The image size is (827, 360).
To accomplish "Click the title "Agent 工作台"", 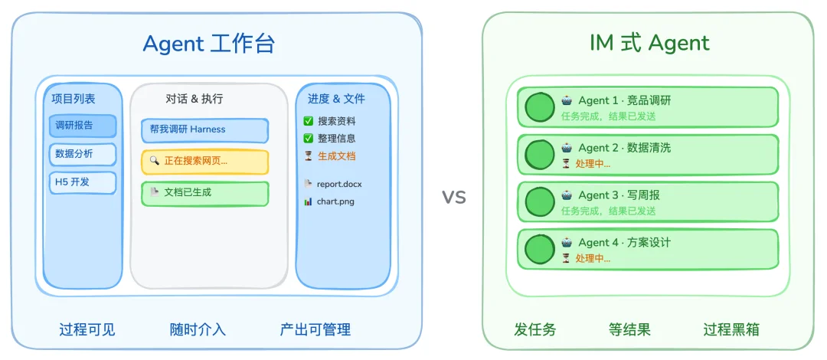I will [208, 44].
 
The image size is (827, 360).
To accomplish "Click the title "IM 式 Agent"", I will [650, 43].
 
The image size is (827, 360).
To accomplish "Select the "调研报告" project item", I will [83, 126].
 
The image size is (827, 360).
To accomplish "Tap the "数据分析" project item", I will [83, 154].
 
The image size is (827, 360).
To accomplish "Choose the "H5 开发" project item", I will [83, 182].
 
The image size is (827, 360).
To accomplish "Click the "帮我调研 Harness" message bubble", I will [204, 130].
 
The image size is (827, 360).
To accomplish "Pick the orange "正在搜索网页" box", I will [204, 162].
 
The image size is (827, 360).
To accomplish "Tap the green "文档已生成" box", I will [204, 193].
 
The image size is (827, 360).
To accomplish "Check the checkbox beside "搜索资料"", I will [309, 121].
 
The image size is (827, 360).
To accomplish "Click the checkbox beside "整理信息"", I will [309, 139].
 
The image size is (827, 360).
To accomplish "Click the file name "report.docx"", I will [339, 184].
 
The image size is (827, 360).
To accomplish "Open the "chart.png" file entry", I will [336, 201].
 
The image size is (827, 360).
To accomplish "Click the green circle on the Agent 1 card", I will [540, 108].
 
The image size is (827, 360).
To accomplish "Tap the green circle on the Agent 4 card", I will [540, 250].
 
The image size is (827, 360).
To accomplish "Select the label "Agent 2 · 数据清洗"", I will [624, 148].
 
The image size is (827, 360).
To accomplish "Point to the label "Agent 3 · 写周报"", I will [619, 195].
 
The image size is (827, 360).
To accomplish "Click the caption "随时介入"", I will [198, 330].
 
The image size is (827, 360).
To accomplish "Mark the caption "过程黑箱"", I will [731, 330].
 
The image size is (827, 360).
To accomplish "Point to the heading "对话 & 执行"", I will [194, 99].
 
